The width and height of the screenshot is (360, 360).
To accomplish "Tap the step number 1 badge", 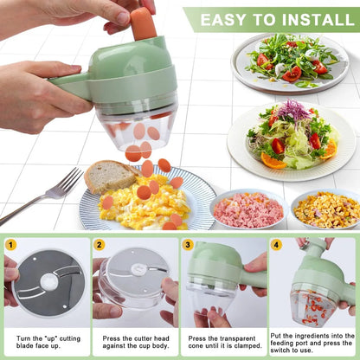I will pos(11,245).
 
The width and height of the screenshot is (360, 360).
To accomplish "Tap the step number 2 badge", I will pos(100,245).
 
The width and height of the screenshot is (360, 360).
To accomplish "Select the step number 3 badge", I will pos(188,245).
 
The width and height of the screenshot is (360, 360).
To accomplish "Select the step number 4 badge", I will pos(276,245).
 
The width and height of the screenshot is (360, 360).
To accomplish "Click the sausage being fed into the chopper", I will pos(144,24).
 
